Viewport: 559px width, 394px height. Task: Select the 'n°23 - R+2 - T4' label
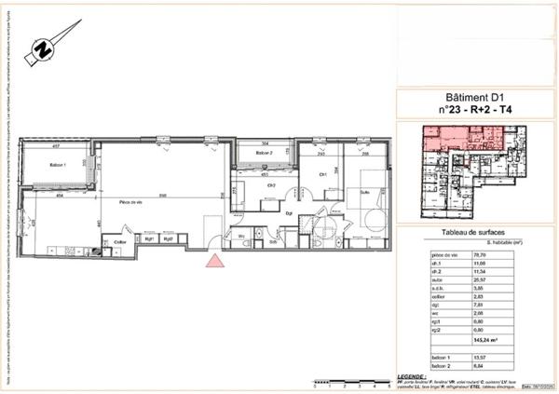(x=478, y=109)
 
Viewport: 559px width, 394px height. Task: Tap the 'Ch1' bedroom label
(x=323, y=174)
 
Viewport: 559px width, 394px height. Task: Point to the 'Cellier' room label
(x=120, y=242)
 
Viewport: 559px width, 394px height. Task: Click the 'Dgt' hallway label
(x=290, y=212)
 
